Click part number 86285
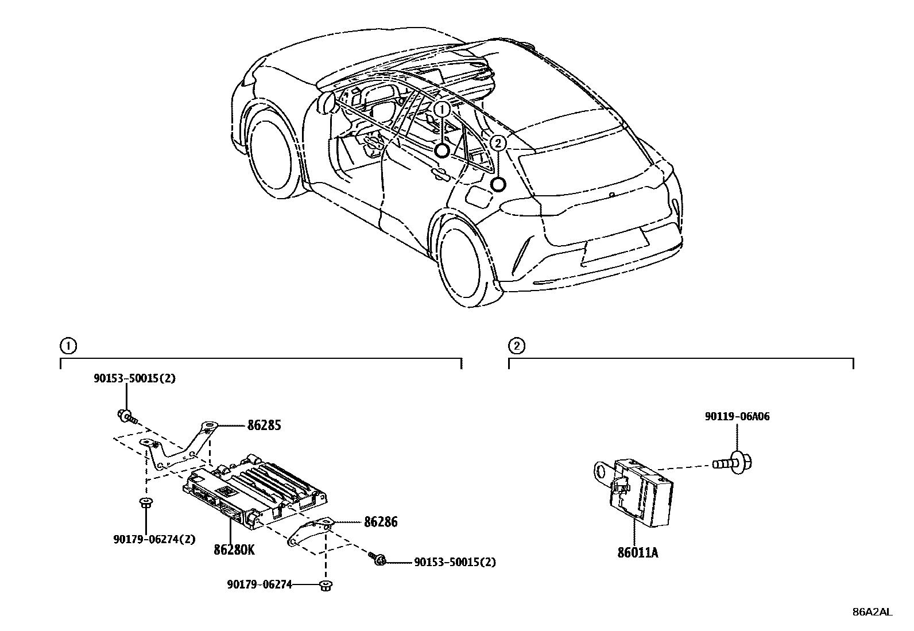[x=264, y=425]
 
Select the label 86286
[x=380, y=522]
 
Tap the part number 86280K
[x=234, y=549]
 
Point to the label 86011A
[x=638, y=553]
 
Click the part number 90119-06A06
[x=737, y=417]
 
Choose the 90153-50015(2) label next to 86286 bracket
[x=455, y=562]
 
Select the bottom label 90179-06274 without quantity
[x=260, y=584]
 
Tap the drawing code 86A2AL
[x=872, y=612]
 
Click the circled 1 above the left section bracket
[x=67, y=346]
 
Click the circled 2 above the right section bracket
[x=516, y=346]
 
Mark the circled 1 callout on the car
[x=441, y=109]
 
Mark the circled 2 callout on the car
[x=498, y=143]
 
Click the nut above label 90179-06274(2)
[x=146, y=504]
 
